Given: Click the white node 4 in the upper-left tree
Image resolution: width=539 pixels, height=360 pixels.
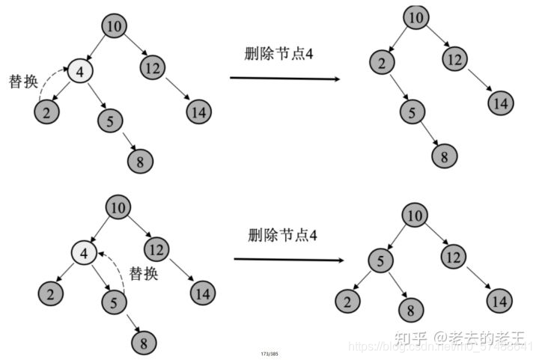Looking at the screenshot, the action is click(x=79, y=72).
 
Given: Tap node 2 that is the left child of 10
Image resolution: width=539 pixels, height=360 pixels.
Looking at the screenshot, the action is click(x=382, y=63).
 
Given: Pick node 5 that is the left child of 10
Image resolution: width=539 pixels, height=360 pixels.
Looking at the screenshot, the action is click(x=380, y=261).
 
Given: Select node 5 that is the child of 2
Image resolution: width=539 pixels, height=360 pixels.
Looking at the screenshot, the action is click(x=411, y=113).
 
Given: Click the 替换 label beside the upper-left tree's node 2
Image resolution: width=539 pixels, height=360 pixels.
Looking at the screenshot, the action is click(x=22, y=81).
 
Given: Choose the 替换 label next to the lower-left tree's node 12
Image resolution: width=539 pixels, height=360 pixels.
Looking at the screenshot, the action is click(x=144, y=273).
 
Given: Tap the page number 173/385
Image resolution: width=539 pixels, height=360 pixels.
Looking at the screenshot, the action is click(x=269, y=351).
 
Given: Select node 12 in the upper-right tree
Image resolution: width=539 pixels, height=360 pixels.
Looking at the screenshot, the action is click(x=453, y=58).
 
